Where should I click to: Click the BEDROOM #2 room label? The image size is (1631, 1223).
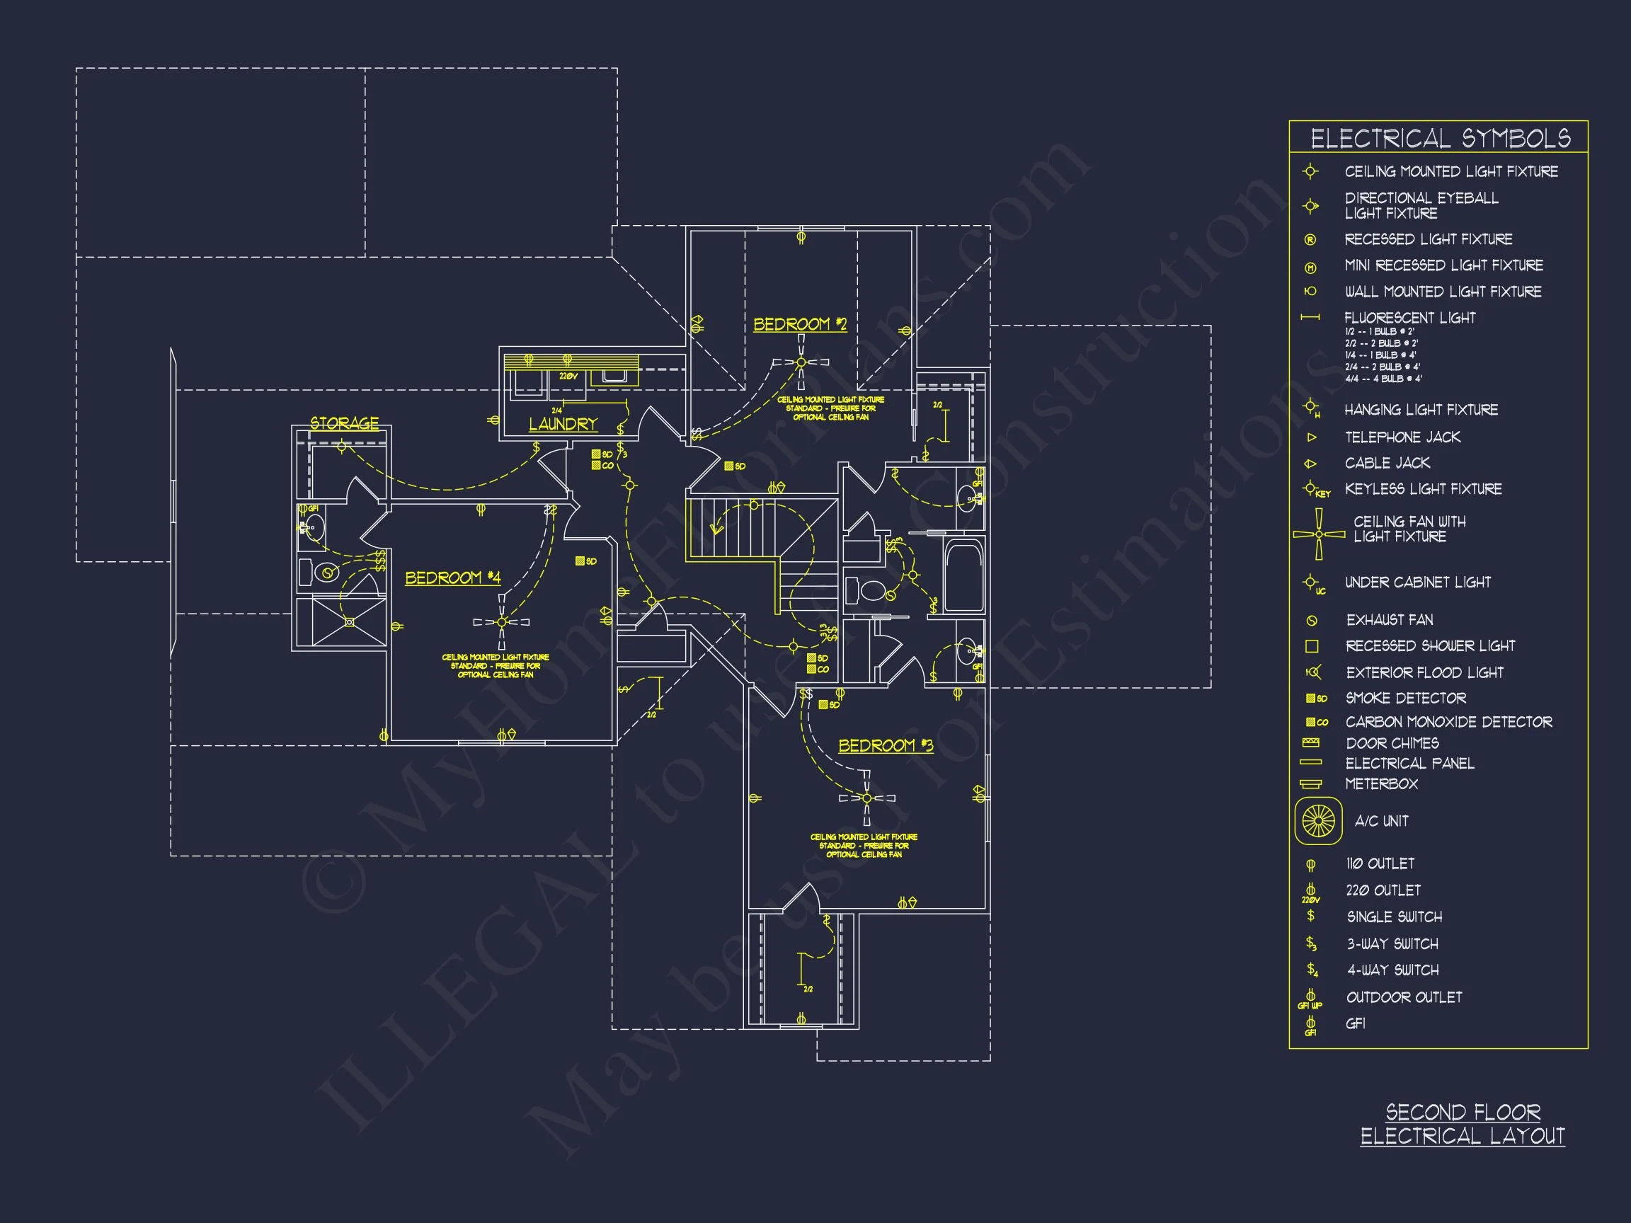(x=799, y=324)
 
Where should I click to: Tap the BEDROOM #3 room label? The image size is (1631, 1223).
(x=885, y=745)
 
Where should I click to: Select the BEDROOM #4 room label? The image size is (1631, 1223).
(x=453, y=578)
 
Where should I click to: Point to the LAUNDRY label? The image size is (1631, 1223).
(x=563, y=424)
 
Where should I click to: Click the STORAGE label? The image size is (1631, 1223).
(x=344, y=423)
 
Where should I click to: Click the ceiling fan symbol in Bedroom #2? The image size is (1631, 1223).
(x=801, y=362)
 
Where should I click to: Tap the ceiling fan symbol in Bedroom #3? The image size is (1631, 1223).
(x=866, y=798)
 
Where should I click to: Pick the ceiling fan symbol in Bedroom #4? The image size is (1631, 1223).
(x=501, y=622)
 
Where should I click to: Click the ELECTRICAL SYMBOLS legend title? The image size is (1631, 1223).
(x=1440, y=139)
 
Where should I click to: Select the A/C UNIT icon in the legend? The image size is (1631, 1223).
(x=1318, y=820)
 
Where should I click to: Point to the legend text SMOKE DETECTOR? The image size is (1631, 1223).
(x=1405, y=697)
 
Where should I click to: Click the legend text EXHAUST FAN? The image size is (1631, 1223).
(x=1389, y=619)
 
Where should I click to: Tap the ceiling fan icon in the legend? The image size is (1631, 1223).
(x=1318, y=534)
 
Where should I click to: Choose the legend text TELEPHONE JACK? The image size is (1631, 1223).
(x=1402, y=437)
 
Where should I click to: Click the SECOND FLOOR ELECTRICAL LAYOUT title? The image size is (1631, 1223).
(x=1463, y=1123)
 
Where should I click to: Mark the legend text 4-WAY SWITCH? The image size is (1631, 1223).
(x=1393, y=970)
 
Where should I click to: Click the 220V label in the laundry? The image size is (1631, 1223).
(x=568, y=377)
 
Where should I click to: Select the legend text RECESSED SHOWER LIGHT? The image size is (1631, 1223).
(x=1430, y=645)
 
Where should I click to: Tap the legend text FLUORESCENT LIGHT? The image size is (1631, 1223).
(x=1410, y=318)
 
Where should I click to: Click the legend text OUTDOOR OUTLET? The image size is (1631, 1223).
(x=1404, y=997)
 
